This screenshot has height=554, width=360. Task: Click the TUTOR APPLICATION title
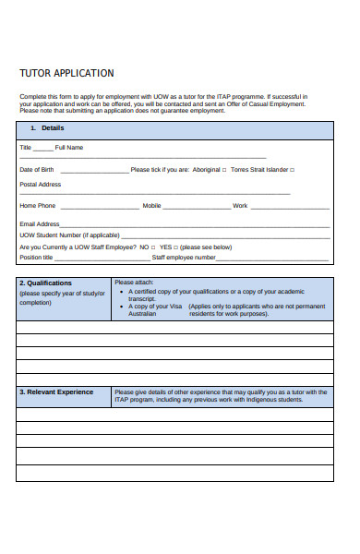tap(67, 73)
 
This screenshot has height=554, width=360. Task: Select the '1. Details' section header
tap(47, 127)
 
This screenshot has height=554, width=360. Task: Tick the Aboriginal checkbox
tap(224, 170)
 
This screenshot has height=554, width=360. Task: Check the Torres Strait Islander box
tap(293, 170)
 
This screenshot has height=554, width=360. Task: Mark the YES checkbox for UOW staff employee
tap(176, 247)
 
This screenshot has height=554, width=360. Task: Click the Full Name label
tap(70, 148)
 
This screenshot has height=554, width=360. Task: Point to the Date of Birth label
tap(37, 170)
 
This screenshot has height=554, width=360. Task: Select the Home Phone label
tap(38, 206)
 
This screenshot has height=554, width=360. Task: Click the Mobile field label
tap(151, 206)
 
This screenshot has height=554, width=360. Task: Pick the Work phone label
tap(240, 206)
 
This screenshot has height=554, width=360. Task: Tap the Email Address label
tap(40, 223)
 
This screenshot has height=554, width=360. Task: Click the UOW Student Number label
tap(69, 235)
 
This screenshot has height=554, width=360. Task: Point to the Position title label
tap(37, 258)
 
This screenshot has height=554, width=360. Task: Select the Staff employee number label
tap(184, 258)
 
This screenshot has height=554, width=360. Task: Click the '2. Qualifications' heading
tap(48, 283)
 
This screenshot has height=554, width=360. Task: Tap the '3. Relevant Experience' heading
tap(56, 391)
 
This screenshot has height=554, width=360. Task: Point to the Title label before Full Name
tap(26, 148)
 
